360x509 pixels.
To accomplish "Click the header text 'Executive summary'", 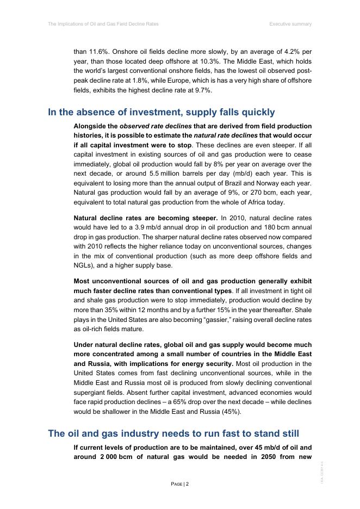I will point(290,24).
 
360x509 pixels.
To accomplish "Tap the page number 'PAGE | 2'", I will point(180,483).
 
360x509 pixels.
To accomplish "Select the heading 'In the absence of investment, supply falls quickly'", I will point(162,113).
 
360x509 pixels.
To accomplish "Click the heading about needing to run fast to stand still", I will point(173,433).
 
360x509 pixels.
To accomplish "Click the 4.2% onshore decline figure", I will point(291,52).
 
